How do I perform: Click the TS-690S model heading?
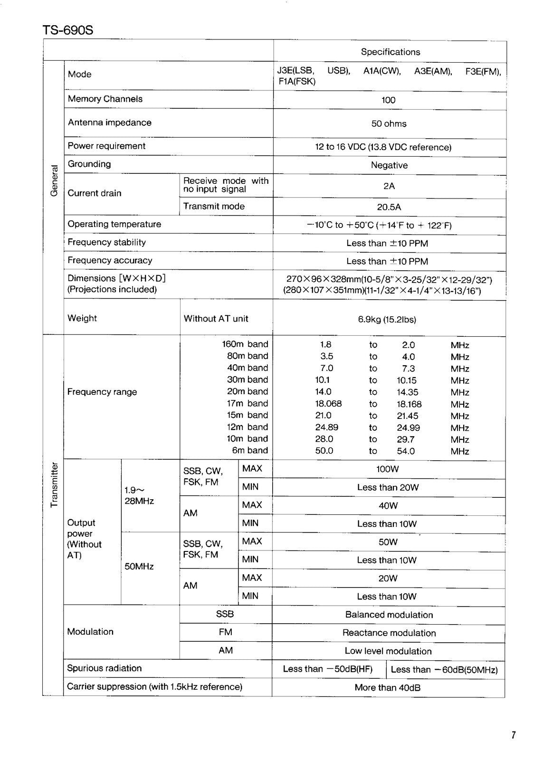click(x=68, y=30)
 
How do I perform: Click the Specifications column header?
click(x=390, y=52)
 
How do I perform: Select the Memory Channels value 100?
click(x=388, y=100)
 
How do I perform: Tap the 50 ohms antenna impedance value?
click(x=389, y=123)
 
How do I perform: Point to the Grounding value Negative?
click(x=389, y=165)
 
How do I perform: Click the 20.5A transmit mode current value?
click(x=389, y=207)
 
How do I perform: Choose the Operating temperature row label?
click(x=114, y=224)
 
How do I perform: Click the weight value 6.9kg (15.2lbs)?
click(x=387, y=319)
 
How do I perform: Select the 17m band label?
click(x=247, y=403)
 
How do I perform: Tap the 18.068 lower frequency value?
click(x=328, y=404)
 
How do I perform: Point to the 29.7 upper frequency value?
click(x=406, y=439)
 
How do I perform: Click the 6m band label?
click(x=250, y=450)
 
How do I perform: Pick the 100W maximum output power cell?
click(x=387, y=469)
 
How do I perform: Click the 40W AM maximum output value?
click(x=388, y=506)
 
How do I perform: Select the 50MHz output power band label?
click(x=139, y=566)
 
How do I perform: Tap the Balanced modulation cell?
click(x=389, y=615)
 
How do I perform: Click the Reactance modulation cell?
click(x=389, y=633)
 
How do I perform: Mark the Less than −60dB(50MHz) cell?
click(x=444, y=670)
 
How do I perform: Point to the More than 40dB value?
click(x=387, y=687)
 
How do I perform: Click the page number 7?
click(x=513, y=735)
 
